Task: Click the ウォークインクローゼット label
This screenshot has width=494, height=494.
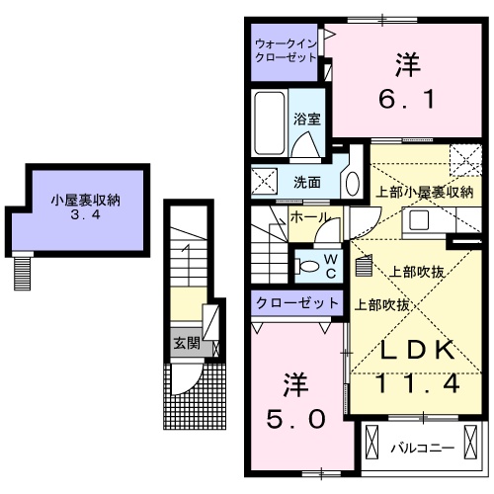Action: click(x=286, y=50)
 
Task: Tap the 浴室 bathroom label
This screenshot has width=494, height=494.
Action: click(x=306, y=120)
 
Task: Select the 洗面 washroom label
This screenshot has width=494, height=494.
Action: click(x=306, y=182)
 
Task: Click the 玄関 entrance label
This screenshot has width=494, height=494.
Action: click(x=187, y=343)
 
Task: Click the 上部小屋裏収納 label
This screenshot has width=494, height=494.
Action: click(x=423, y=192)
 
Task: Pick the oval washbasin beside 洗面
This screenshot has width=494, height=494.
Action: click(x=353, y=182)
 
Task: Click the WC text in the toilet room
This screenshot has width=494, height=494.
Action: click(x=332, y=265)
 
